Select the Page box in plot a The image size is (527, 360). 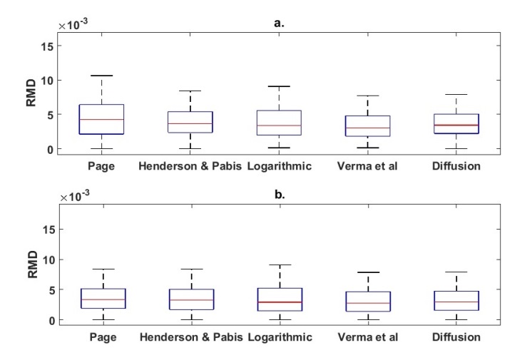pos(102,119)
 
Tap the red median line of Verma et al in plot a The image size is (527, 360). pos(367,128)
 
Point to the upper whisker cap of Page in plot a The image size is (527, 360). pos(102,76)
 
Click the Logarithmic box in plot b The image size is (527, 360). pos(279,299)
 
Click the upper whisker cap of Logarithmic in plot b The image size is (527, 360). pos(279,265)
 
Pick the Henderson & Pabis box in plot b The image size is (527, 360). pos(190,299)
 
